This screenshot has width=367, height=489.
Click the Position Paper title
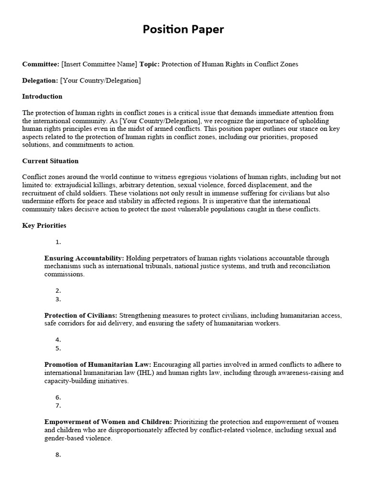(x=183, y=30)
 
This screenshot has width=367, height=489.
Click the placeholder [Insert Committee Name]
(x=99, y=64)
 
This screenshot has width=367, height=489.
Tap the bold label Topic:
(x=150, y=64)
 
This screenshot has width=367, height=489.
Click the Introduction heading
(x=42, y=96)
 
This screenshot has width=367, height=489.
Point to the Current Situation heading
(x=50, y=161)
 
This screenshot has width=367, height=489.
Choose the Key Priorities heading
(x=44, y=225)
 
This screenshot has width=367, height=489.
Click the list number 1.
(x=58, y=242)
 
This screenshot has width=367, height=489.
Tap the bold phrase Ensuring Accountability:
(x=84, y=258)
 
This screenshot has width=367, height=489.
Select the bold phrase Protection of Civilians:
(x=81, y=316)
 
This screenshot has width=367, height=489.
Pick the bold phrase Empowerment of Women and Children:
(x=108, y=422)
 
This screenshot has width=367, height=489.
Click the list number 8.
(x=58, y=455)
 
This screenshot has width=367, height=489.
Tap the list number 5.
(x=58, y=348)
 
